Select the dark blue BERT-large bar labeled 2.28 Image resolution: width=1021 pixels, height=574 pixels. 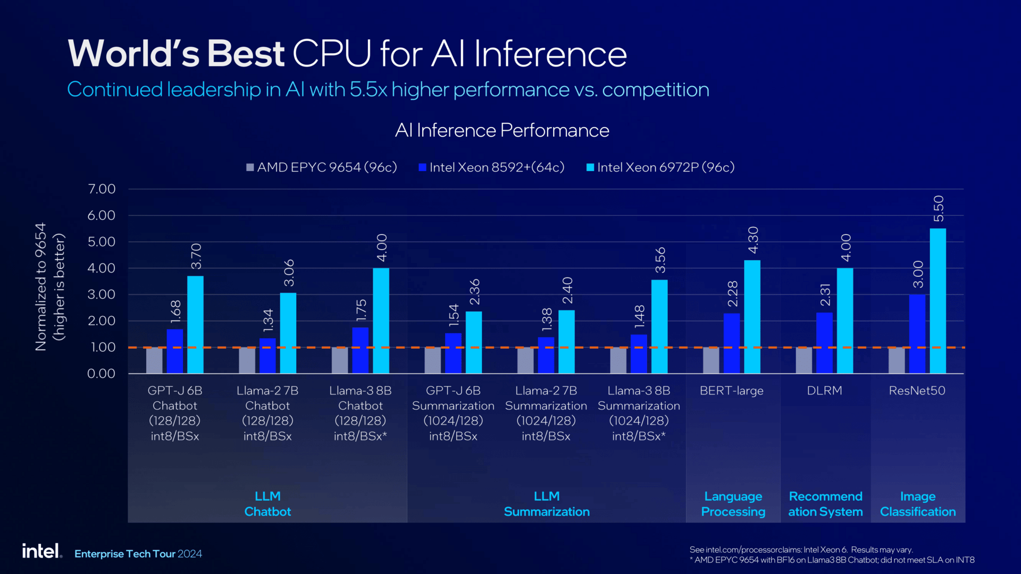point(732,343)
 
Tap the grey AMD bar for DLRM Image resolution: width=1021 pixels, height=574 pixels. point(804,360)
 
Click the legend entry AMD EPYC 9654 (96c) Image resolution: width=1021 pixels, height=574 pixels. point(322,167)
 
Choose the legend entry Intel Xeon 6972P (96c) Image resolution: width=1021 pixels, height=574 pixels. point(660,167)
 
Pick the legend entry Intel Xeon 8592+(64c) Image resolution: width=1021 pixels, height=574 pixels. point(492,167)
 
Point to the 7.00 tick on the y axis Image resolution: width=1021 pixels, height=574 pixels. point(102,189)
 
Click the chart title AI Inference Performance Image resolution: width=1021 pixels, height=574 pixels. point(502,130)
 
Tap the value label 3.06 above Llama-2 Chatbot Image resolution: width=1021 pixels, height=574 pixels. point(289,273)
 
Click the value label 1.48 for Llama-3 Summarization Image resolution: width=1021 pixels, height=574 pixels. point(639,316)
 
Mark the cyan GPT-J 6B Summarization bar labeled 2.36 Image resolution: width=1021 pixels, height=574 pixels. point(474,342)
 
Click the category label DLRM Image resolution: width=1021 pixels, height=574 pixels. point(824,391)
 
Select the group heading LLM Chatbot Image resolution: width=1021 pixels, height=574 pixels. point(267,504)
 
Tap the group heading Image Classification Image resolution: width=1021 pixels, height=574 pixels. point(918,504)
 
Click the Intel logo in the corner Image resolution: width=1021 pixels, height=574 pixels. point(41,551)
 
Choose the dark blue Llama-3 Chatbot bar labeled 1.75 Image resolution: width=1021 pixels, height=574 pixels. point(361,350)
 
